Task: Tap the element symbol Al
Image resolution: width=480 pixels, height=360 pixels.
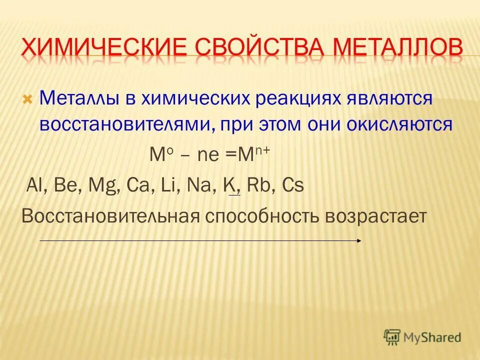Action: (33, 185)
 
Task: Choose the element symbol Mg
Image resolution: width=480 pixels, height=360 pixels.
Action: (99, 185)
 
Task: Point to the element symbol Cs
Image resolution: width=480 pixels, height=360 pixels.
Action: (293, 185)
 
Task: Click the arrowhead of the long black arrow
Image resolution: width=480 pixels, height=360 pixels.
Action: (359, 240)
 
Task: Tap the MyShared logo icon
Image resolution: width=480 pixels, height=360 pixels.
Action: (392, 336)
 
